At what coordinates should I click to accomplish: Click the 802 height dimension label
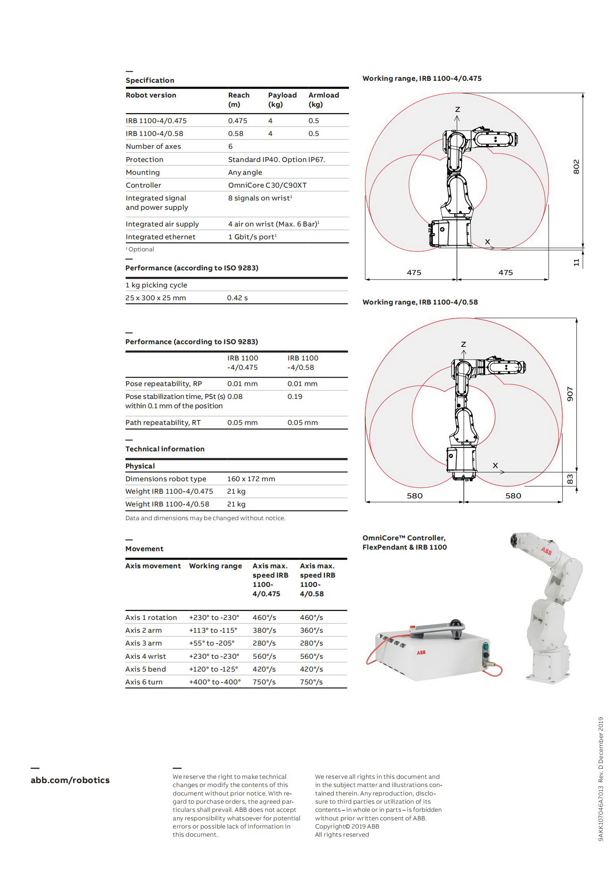tap(576, 167)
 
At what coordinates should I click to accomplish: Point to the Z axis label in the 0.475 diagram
tap(457, 110)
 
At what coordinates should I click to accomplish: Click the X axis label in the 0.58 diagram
tap(495, 465)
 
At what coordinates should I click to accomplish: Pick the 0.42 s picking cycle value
tap(237, 298)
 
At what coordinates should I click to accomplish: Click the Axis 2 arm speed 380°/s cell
tap(264, 630)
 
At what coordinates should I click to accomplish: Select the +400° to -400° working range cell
tap(215, 682)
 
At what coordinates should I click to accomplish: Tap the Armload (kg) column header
tap(323, 99)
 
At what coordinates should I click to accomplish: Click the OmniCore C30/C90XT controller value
tap(267, 185)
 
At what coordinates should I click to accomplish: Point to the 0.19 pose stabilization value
tap(295, 397)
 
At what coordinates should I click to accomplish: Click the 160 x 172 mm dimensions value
tap(251, 479)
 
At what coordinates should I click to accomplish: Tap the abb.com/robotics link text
tap(70, 780)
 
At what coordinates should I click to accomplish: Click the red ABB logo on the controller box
tap(421, 653)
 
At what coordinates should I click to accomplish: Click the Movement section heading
tap(144, 549)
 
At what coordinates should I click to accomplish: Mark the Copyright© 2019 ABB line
tap(347, 826)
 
